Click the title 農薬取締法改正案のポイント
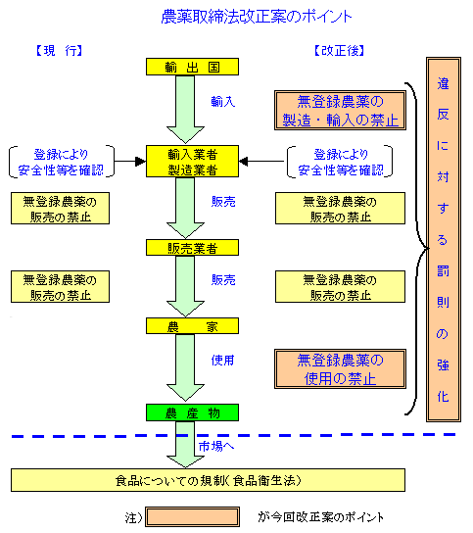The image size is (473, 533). point(257,17)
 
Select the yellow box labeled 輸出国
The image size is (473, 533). point(192,67)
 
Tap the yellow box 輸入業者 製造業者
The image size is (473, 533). point(192,161)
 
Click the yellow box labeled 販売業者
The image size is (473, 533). point(192,248)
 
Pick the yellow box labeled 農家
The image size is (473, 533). point(192,326)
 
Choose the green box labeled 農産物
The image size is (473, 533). point(192,412)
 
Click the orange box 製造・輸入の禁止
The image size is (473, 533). point(340,110)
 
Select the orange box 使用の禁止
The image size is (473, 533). point(340,368)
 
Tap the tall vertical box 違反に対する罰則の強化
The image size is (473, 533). point(444,240)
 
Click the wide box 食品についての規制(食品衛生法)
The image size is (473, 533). point(208,480)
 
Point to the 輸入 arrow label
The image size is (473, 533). point(223,101)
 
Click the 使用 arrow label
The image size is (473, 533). point(223,360)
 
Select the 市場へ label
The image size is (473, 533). point(216,446)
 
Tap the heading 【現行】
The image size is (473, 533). point(59,51)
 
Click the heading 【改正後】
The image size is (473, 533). point(339,51)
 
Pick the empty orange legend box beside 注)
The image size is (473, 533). point(192,517)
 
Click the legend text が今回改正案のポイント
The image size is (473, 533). point(321,517)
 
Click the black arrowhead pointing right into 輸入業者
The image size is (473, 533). point(141,161)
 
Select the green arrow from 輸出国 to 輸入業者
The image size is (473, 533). point(185,109)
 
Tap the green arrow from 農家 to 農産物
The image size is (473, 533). point(185,367)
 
